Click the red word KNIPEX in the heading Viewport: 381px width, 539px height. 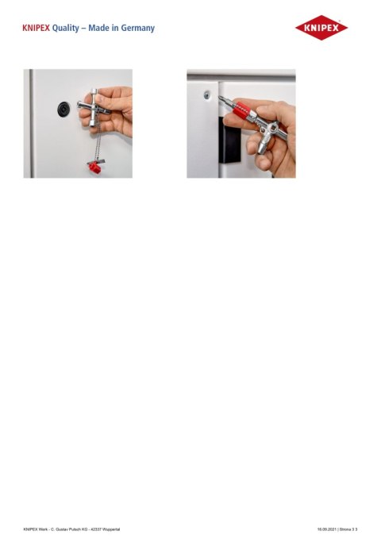tap(36, 29)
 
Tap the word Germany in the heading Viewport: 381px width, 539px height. tap(136, 29)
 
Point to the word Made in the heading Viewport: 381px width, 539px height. tap(98, 29)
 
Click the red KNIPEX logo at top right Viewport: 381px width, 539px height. tap(321, 29)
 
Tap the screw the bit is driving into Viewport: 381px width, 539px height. tap(207, 94)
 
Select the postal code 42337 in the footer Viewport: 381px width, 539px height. tap(90, 529)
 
